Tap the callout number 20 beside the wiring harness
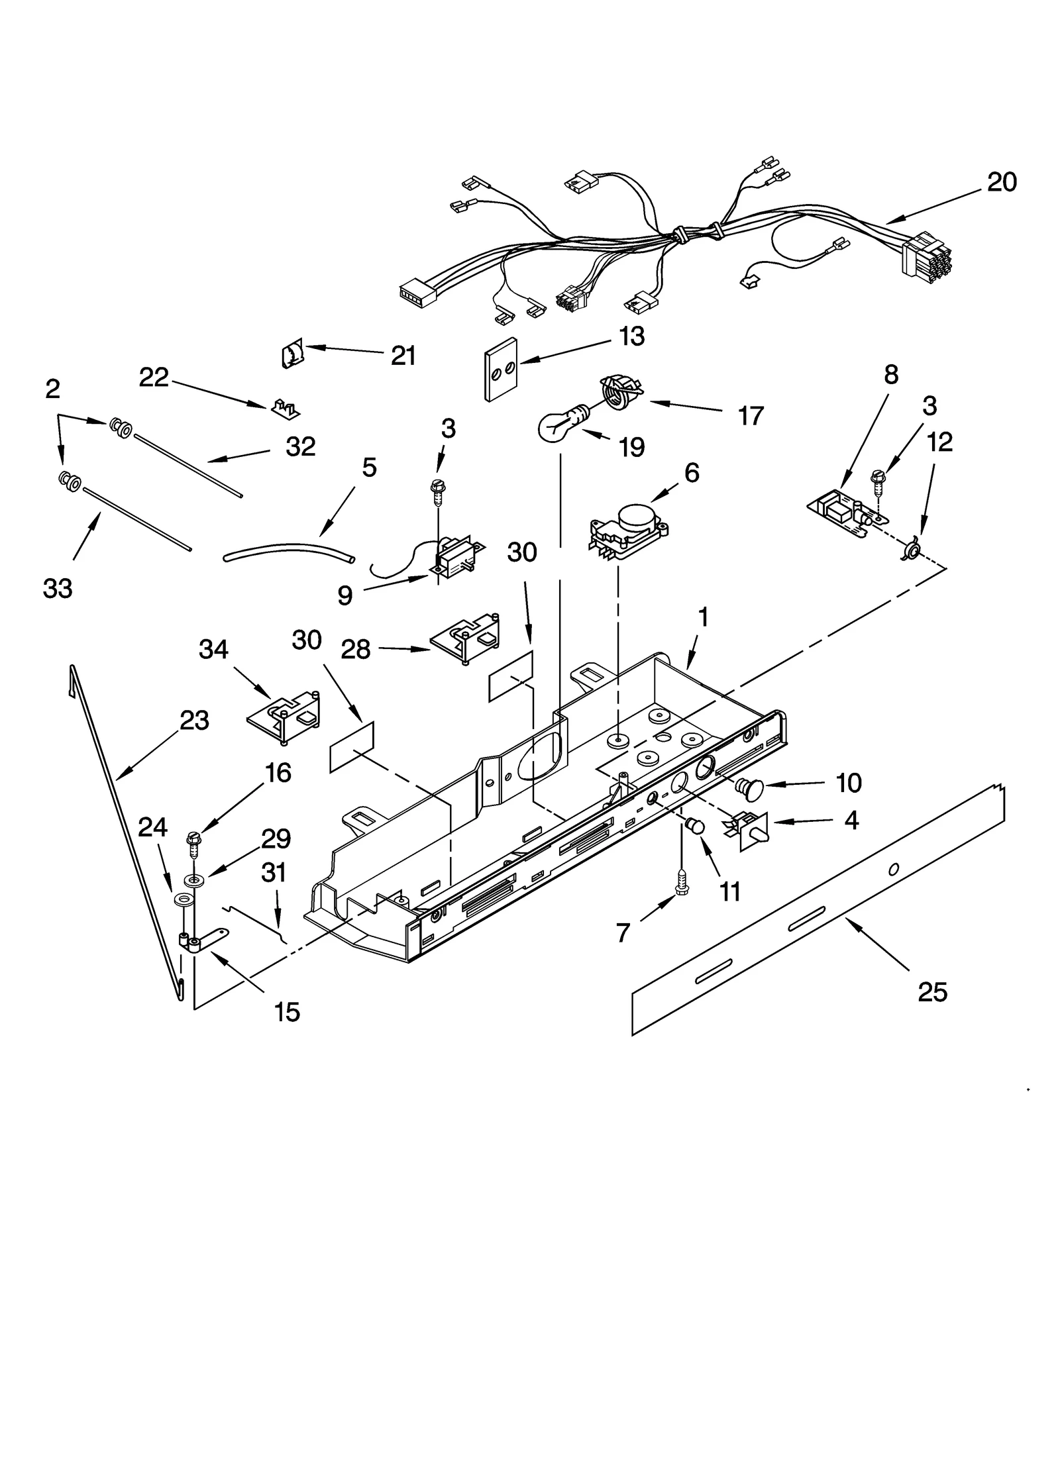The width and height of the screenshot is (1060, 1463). click(x=1001, y=181)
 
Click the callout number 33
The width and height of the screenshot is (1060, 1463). click(x=58, y=588)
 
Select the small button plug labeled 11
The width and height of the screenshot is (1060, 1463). click(x=694, y=827)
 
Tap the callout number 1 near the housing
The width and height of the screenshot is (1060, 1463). click(x=703, y=617)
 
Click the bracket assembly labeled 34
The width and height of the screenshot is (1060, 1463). click(x=284, y=717)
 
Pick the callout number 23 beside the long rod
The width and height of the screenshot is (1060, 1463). click(x=194, y=720)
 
